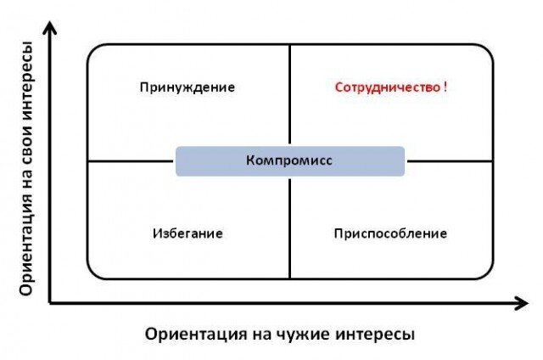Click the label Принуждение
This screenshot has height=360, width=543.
coord(188,87)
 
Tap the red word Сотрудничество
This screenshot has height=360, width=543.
coord(386,87)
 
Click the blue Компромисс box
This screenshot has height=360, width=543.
coord(290,160)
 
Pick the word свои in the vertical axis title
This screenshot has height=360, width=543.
coord(27,142)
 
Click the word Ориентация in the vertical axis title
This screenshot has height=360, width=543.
coord(27,247)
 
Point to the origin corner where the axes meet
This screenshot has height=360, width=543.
coord(51,301)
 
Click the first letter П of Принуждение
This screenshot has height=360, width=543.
coord(145,87)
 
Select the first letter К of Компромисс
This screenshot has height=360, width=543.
coord(249,160)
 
